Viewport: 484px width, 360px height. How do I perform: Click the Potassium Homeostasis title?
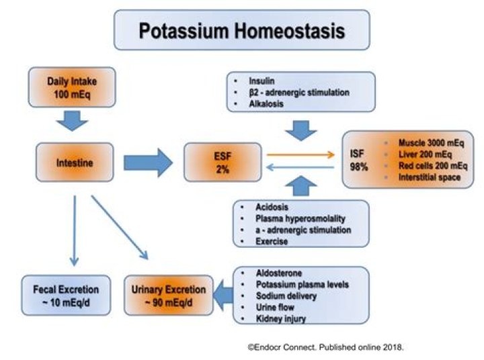(x=242, y=30)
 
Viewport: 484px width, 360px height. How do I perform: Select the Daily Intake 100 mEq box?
(x=72, y=87)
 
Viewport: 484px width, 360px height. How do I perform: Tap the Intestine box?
(x=75, y=163)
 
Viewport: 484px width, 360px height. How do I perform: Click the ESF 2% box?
(x=223, y=163)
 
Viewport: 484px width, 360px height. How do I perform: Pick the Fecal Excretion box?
(x=66, y=296)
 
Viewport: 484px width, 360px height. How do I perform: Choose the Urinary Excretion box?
(x=169, y=296)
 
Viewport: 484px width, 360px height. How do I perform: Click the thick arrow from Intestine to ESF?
(x=148, y=163)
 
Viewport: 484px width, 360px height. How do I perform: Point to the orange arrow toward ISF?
(x=300, y=154)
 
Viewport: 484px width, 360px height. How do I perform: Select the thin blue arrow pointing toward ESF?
(x=300, y=167)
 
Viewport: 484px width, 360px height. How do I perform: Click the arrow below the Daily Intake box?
(x=72, y=121)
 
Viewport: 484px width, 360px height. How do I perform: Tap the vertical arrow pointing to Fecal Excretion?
(x=75, y=230)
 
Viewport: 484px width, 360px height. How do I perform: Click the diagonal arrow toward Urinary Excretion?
(x=120, y=228)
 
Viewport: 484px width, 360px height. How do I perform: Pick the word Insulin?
(x=261, y=81)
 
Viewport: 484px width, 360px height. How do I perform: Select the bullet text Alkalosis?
(x=266, y=103)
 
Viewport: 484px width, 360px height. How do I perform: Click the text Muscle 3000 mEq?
(x=431, y=143)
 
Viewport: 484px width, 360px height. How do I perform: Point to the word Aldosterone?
(x=279, y=273)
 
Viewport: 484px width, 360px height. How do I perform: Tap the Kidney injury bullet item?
(x=281, y=318)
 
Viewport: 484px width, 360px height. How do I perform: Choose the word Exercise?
(x=272, y=241)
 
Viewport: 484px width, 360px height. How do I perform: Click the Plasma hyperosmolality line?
(x=300, y=218)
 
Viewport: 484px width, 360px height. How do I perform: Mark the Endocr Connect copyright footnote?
(x=325, y=347)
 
